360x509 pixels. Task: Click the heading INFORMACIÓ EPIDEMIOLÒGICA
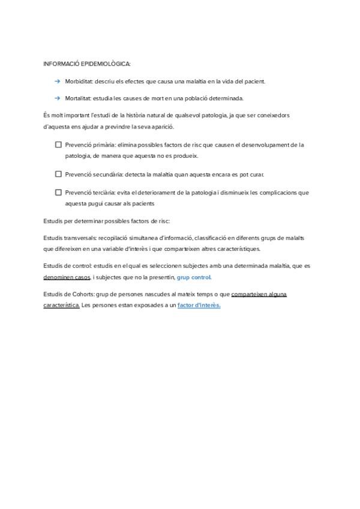[x=87, y=63]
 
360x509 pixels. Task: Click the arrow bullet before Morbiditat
[x=57, y=81]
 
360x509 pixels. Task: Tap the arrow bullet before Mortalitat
[x=57, y=98]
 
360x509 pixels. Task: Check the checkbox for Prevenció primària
[x=58, y=145]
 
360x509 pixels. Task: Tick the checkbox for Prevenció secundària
[x=58, y=174]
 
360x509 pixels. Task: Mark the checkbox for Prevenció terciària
[x=58, y=193]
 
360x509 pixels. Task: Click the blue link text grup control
[x=194, y=277]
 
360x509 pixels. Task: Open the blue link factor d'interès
[x=199, y=306]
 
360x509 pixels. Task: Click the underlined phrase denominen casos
[x=67, y=277]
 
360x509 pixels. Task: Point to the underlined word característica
[x=61, y=306]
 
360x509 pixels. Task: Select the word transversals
[x=79, y=238]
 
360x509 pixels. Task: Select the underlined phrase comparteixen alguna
[x=259, y=295]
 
